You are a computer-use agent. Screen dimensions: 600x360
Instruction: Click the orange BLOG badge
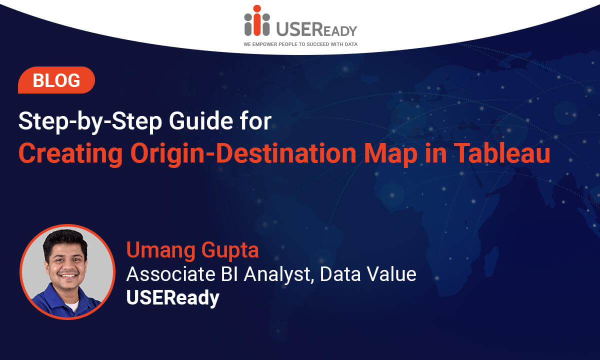(56, 80)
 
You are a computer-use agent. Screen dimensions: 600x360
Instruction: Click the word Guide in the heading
(201, 121)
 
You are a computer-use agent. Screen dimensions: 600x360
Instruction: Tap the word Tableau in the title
(503, 153)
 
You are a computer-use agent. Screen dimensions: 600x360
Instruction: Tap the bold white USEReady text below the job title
(173, 298)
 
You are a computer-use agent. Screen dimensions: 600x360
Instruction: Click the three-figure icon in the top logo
(257, 20)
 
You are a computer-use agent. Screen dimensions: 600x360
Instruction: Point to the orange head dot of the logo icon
(257, 8)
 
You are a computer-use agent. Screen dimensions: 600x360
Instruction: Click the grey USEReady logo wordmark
(316, 29)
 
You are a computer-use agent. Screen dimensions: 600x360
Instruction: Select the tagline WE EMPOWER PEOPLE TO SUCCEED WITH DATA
(300, 44)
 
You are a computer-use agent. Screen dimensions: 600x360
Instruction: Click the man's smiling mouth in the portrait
(68, 275)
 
